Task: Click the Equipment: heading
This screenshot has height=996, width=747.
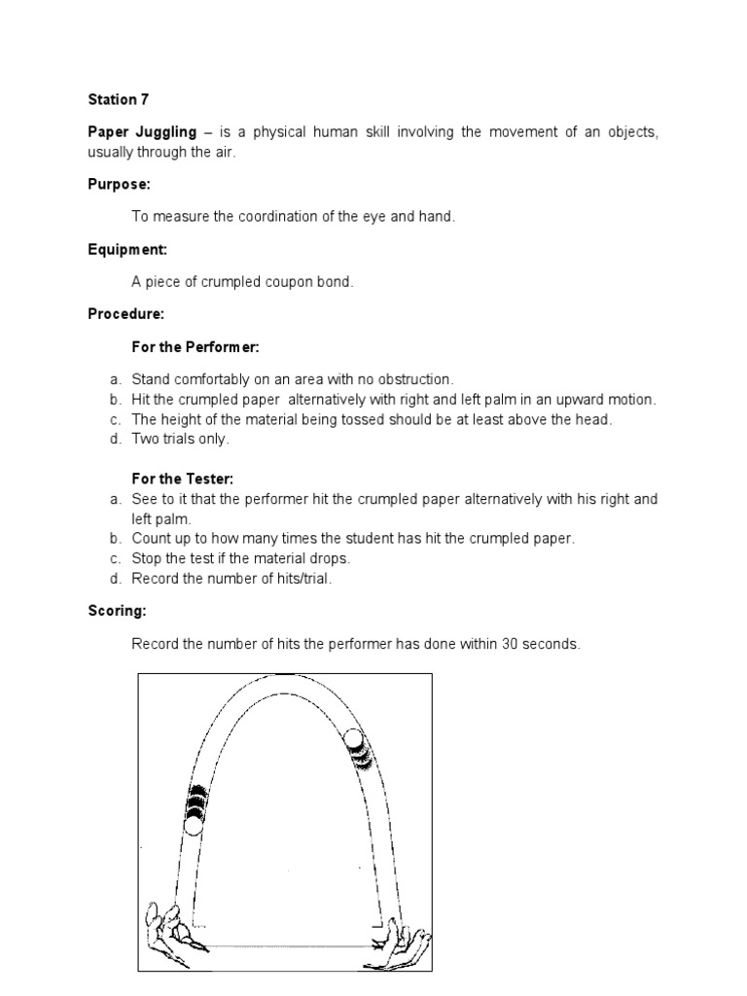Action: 127,249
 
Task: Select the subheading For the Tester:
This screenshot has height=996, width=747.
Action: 182,479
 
